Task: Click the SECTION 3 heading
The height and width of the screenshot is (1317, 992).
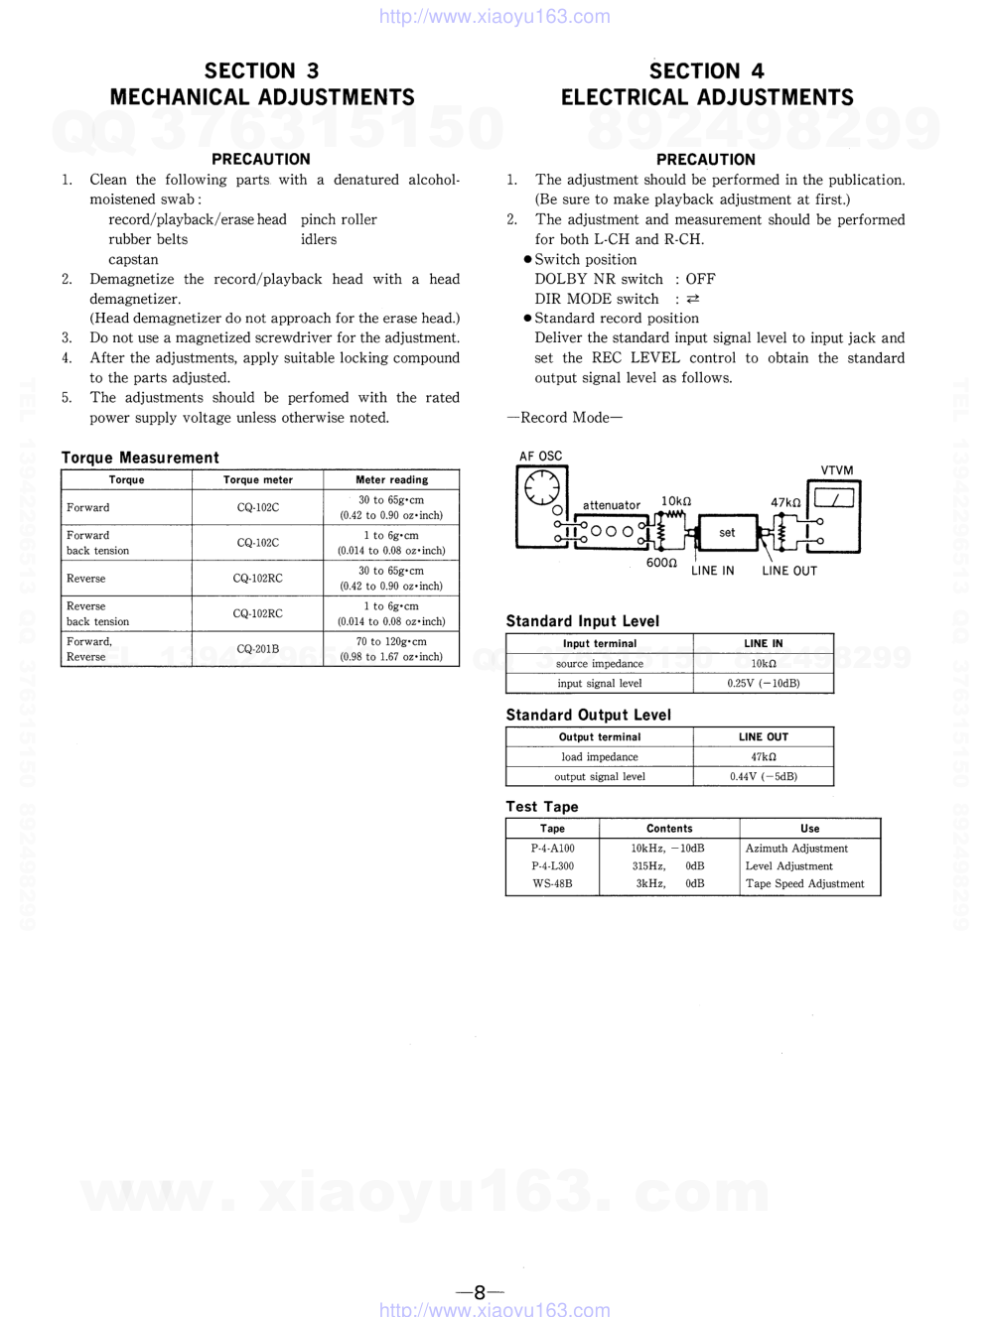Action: pyautogui.click(x=261, y=70)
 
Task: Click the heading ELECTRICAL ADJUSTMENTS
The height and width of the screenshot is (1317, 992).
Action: pyautogui.click(x=706, y=97)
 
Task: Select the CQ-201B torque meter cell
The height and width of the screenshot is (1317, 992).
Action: pyautogui.click(x=257, y=649)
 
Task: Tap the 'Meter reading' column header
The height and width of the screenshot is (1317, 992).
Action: pyautogui.click(x=391, y=479)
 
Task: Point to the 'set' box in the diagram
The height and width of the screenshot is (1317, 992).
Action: pyautogui.click(x=727, y=533)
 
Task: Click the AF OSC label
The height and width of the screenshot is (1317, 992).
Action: pyautogui.click(x=540, y=457)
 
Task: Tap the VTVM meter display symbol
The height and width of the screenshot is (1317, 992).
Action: pyautogui.click(x=835, y=498)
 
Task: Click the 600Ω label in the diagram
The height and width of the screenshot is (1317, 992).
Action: pyautogui.click(x=661, y=563)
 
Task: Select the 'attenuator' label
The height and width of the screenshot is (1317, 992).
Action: pyautogui.click(x=611, y=505)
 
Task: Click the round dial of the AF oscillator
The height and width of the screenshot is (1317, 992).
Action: pyautogui.click(x=542, y=488)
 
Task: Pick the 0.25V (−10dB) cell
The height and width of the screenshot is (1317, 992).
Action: pyautogui.click(x=763, y=684)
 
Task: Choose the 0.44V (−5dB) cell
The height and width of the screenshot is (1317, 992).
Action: pyautogui.click(x=763, y=777)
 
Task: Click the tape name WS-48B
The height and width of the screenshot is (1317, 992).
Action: pyautogui.click(x=552, y=883)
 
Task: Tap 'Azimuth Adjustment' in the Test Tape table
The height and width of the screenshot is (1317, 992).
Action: pyautogui.click(x=796, y=849)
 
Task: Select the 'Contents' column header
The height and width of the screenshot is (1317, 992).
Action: pyautogui.click(x=669, y=829)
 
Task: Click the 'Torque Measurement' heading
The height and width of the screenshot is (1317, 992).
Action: pyautogui.click(x=140, y=458)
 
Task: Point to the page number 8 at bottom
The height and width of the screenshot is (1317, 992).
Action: pyautogui.click(x=480, y=1292)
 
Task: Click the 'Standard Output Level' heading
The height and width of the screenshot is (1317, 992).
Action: pyautogui.click(x=588, y=715)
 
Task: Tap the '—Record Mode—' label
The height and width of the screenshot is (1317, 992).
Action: pyautogui.click(x=564, y=418)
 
